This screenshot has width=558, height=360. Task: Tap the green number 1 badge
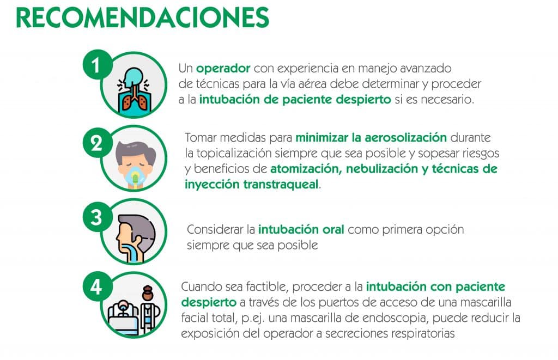pos(96,65)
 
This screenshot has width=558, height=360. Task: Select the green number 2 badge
pos(96,143)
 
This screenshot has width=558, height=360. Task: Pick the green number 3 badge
pos(96,217)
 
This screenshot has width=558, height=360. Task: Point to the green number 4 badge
pos(96,286)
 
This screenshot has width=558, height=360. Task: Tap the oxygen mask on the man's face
pos(135,176)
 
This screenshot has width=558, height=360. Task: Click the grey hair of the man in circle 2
pos(136,151)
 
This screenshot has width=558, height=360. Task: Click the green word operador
pos(223,68)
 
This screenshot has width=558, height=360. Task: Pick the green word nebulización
pos(382,169)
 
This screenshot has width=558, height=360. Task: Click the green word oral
pos(333,229)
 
